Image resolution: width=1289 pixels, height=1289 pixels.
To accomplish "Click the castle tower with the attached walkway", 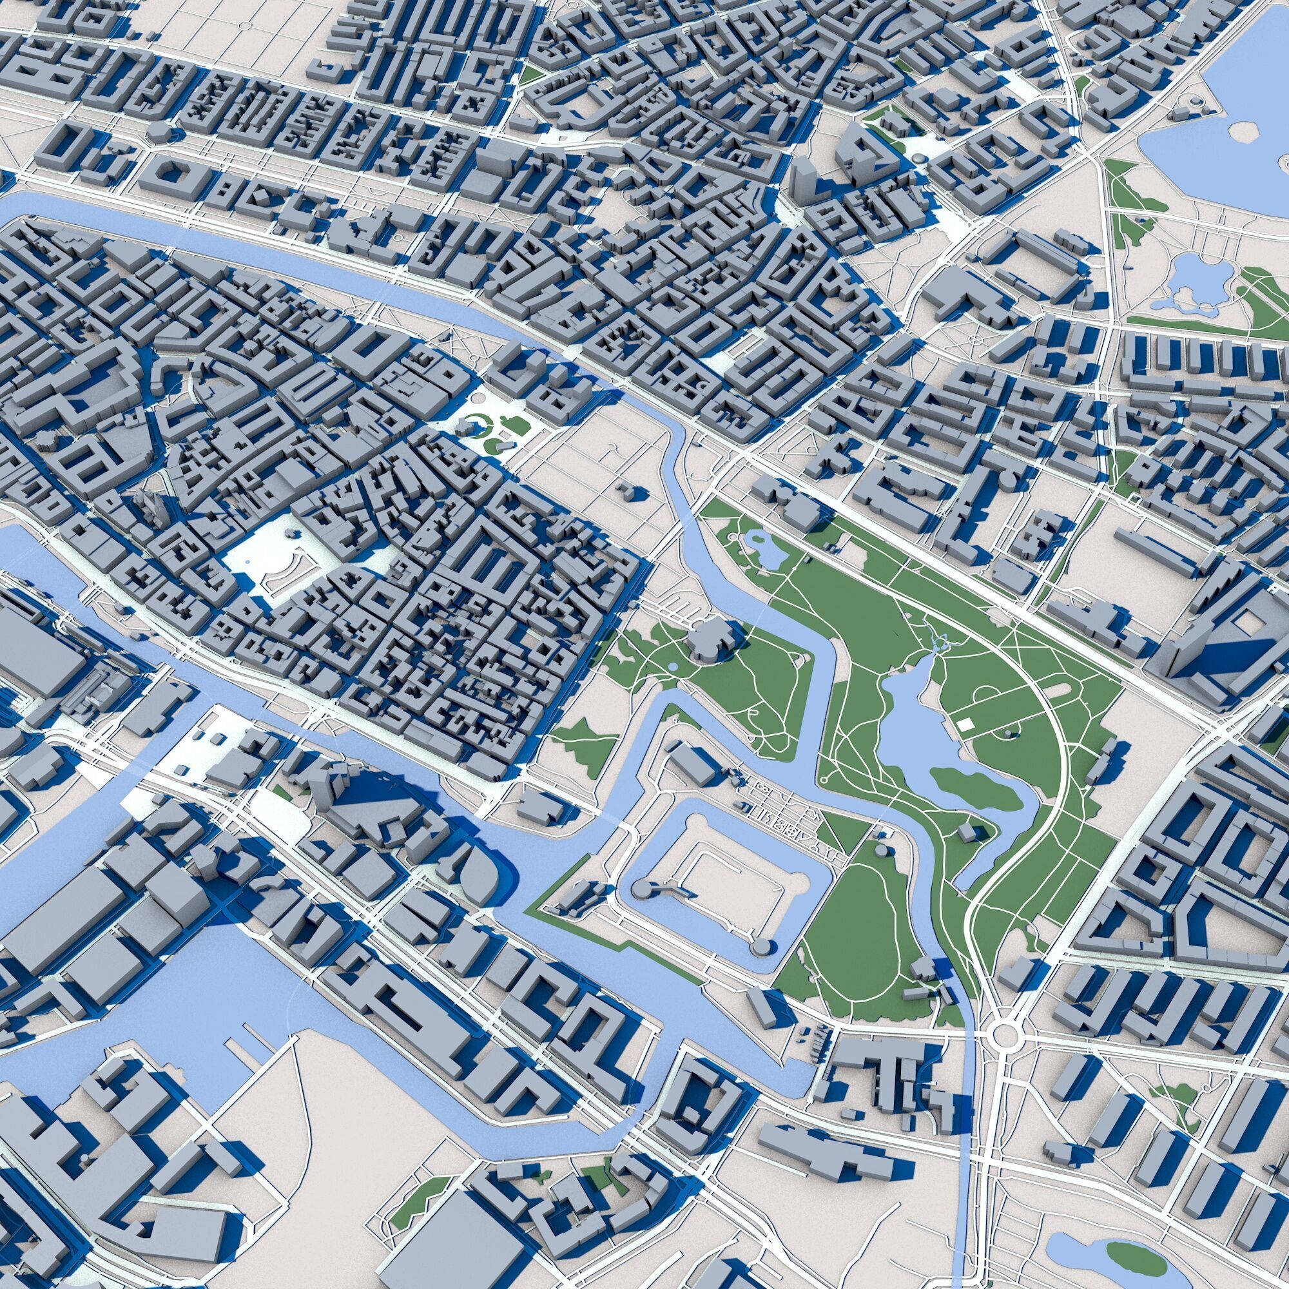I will point(643,888).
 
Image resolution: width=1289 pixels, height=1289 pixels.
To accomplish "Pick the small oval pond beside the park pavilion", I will point(672,666).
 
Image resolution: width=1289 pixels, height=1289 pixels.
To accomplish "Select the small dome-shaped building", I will point(159,130).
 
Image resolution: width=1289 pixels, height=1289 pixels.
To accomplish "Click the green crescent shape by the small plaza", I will point(475,420).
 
